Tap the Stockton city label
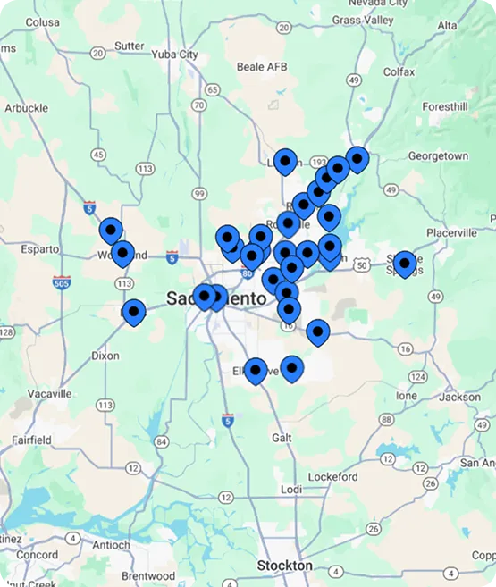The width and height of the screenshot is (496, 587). pos(284,566)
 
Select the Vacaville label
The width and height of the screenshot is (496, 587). pos(49,393)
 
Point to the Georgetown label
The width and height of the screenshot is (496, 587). pos(437,156)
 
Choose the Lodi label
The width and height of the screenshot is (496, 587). pos(291,490)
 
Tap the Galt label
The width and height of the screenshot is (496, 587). pos(282,438)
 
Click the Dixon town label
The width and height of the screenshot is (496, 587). pos(105,356)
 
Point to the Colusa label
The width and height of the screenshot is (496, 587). pos(42,22)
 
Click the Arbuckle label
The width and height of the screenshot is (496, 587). pos(26,108)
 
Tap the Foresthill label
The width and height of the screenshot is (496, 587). pos(445,106)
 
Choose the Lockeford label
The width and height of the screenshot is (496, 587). pos(334,477)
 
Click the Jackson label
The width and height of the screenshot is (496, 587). pos(460,397)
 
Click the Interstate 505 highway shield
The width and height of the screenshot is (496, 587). pos(62,283)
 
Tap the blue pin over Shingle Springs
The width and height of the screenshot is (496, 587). pos(405,263)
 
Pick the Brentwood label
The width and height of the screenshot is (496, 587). pos(149,576)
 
